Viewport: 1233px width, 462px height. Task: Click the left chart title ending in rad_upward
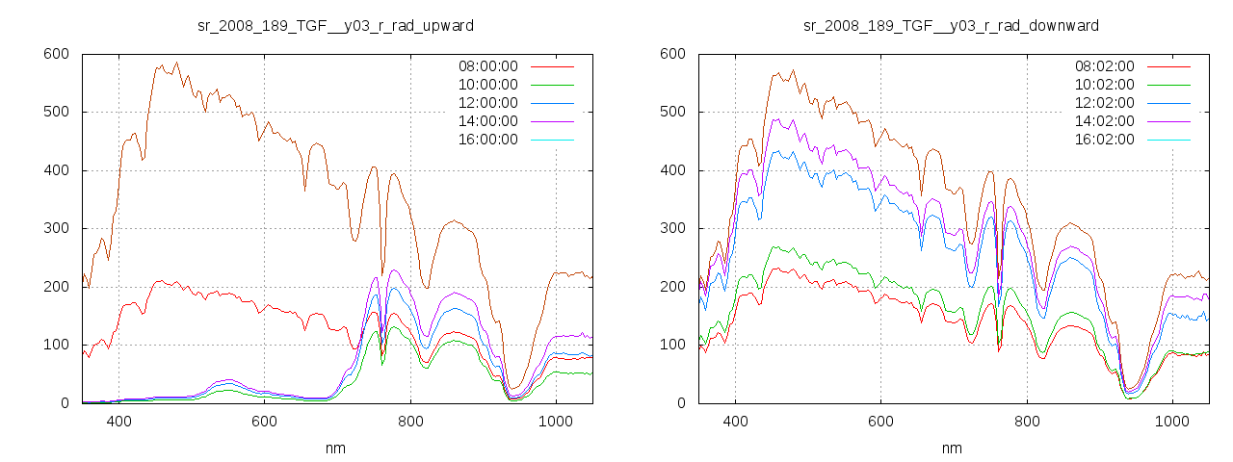coord(335,25)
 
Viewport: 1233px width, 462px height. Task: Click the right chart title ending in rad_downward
coord(952,25)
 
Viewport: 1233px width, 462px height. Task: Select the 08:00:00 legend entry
coord(487,66)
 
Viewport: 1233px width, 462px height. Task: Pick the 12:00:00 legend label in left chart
coord(487,103)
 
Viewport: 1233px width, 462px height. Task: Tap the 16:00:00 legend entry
coord(487,140)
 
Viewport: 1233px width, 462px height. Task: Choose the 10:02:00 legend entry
coord(1104,85)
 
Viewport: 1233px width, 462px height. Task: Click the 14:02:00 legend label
coord(1104,121)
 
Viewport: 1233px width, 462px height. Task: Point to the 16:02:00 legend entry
coord(1104,140)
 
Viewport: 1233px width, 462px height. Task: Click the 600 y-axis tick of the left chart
coord(56,54)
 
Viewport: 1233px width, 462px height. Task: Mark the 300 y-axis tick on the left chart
coord(56,229)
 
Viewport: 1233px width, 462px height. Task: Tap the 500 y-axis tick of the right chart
coord(672,113)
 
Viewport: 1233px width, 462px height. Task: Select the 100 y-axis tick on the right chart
coord(672,346)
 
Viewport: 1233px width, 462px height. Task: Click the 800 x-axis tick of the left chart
coord(410,422)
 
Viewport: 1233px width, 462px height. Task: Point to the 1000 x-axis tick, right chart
coord(1172,422)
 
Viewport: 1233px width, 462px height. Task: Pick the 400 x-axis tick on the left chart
coord(119,422)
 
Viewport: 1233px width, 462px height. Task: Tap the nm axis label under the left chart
coord(335,449)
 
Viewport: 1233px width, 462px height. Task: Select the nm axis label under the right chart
coord(952,449)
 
